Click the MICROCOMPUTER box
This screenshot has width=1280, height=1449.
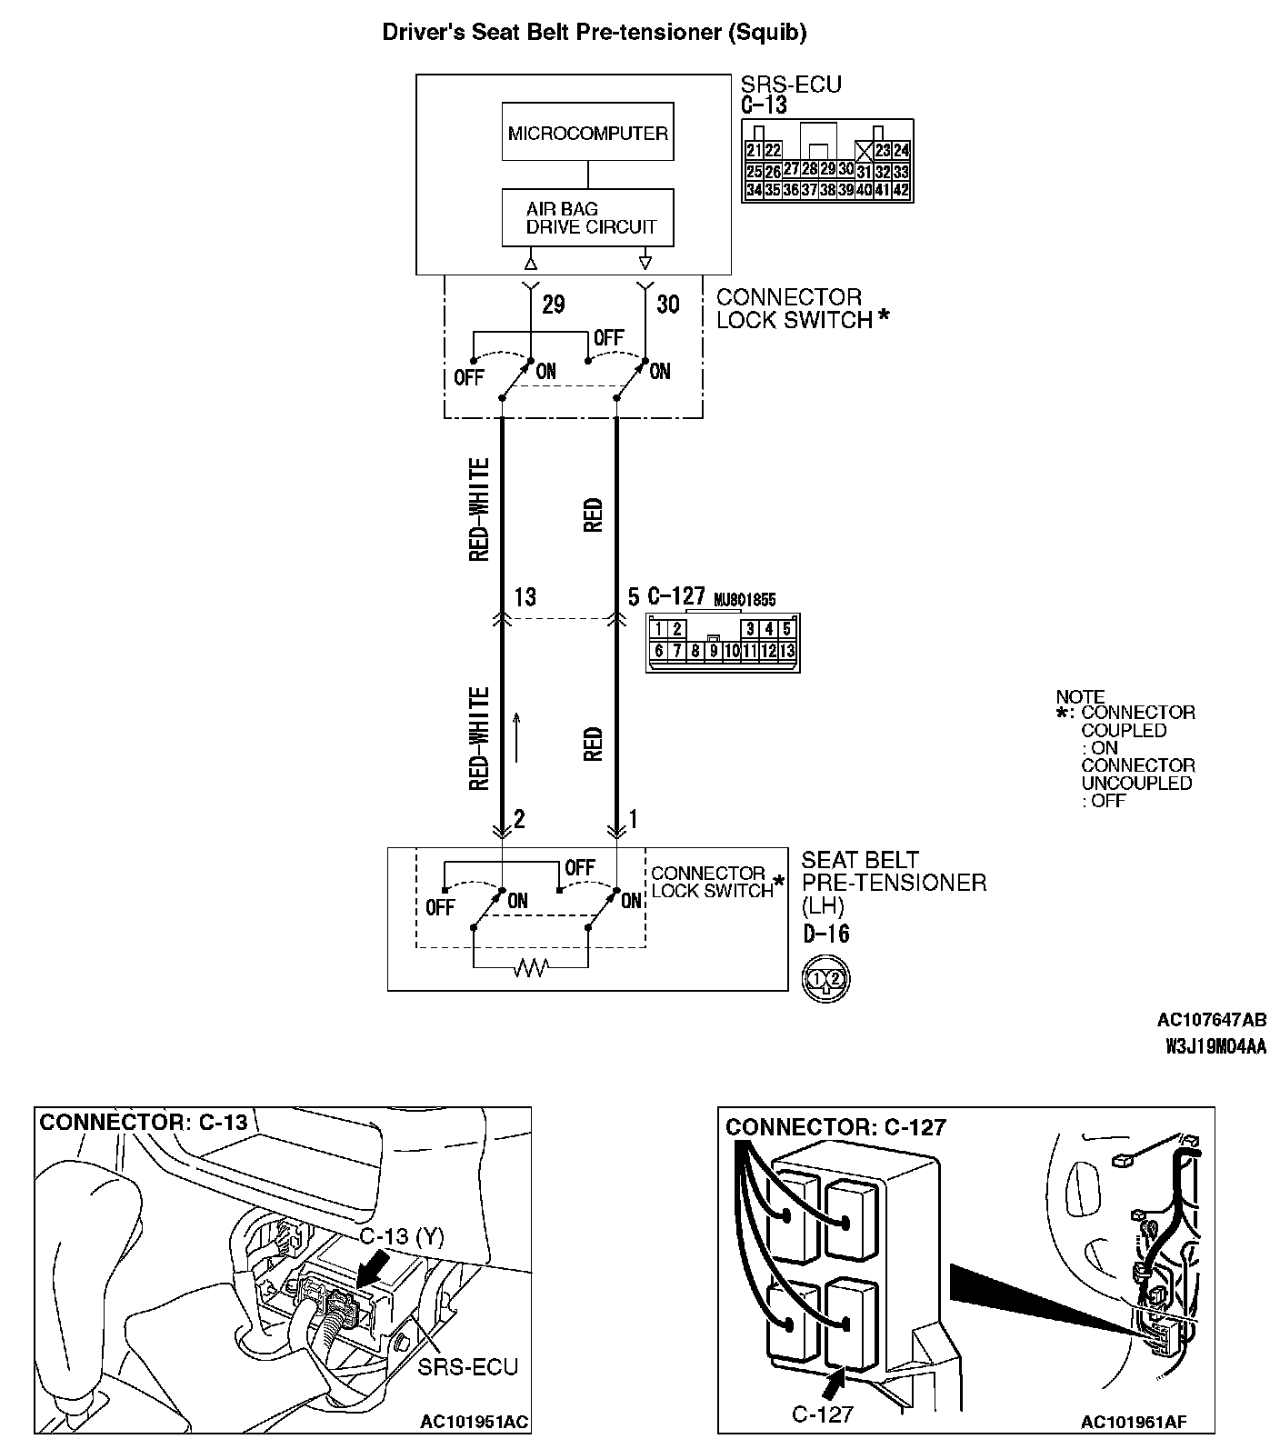click(587, 133)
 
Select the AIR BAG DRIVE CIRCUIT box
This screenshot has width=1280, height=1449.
click(587, 217)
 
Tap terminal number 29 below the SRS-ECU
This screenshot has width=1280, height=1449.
click(553, 304)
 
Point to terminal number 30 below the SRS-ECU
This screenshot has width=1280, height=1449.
click(667, 304)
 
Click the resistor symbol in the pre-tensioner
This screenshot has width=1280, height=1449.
click(530, 969)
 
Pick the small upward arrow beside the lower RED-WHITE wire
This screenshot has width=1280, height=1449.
click(518, 736)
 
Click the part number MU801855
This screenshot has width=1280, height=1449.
click(745, 600)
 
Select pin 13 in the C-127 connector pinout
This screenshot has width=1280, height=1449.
click(787, 651)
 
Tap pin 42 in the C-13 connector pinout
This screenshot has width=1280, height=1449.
click(900, 191)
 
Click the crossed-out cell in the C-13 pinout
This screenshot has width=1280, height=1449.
click(864, 151)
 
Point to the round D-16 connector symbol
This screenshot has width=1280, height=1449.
click(825, 979)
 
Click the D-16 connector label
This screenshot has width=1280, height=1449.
click(825, 934)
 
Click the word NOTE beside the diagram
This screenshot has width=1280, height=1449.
click(1080, 697)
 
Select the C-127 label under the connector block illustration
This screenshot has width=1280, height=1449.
click(822, 1414)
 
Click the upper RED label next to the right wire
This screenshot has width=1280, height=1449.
click(594, 515)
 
